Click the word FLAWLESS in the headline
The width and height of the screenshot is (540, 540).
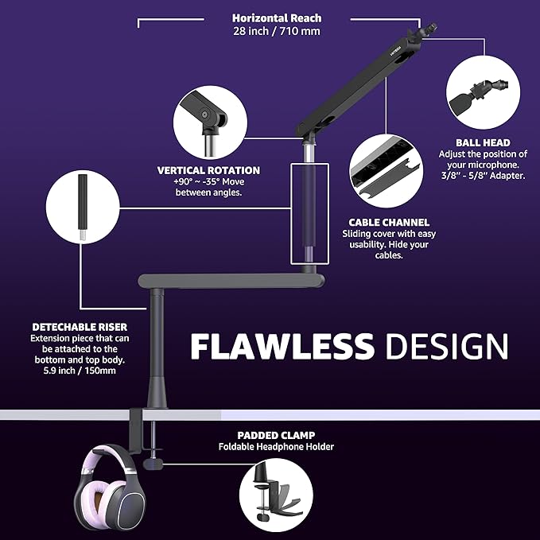coord(282,346)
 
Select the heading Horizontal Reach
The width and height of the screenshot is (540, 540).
coord(277,18)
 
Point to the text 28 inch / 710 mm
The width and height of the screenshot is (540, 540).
coord(277,31)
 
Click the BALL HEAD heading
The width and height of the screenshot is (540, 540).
coord(483,142)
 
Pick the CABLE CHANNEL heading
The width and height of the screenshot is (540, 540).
coord(389,222)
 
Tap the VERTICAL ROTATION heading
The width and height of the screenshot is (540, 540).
coord(208,170)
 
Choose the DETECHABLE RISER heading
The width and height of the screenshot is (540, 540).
coord(80,327)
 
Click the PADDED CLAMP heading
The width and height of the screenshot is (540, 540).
coord(276,435)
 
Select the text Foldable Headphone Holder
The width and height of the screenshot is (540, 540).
coord(276,447)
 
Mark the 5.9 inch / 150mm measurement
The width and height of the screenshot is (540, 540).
coord(80,371)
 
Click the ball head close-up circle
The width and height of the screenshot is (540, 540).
coord(484,92)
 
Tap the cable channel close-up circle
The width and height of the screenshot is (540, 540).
coord(387,171)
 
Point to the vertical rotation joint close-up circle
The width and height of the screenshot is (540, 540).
coord(210,122)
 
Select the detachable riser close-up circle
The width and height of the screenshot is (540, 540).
coord(83,207)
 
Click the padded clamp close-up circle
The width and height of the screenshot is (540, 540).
coord(276,495)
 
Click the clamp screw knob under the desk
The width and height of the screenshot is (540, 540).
coord(153,464)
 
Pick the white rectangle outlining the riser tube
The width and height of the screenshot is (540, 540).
coord(291,214)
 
